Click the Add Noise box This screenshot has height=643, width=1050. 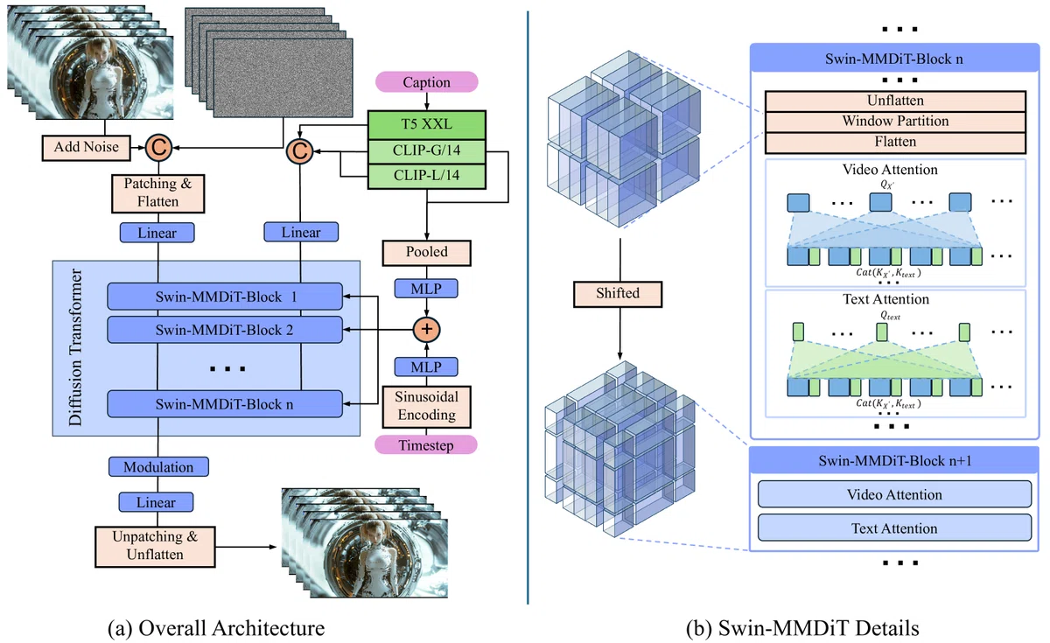(x=87, y=147)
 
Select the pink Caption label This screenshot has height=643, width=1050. (x=427, y=82)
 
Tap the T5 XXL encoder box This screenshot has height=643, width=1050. (x=427, y=124)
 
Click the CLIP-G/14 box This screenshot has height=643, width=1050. (x=427, y=150)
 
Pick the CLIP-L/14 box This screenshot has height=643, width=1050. (x=427, y=176)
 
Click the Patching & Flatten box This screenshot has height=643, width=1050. (x=158, y=193)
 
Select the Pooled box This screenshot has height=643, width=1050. (x=427, y=253)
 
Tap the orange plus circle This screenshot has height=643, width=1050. (x=427, y=330)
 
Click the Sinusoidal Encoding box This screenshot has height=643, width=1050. (x=427, y=406)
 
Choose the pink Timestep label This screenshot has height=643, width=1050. (x=426, y=444)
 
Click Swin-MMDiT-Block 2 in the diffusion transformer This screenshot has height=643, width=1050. (x=225, y=330)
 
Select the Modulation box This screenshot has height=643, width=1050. (x=158, y=467)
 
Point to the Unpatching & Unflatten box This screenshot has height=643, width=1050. (x=155, y=547)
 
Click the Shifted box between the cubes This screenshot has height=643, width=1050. (x=618, y=294)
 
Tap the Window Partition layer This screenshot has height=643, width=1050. (x=895, y=122)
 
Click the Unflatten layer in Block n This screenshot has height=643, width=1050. (x=895, y=101)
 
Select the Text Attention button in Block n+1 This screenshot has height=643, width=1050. (x=894, y=528)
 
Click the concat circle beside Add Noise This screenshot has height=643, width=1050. (x=158, y=148)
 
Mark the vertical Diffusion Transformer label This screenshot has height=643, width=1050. (x=75, y=347)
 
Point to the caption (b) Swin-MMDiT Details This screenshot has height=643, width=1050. (x=802, y=628)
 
